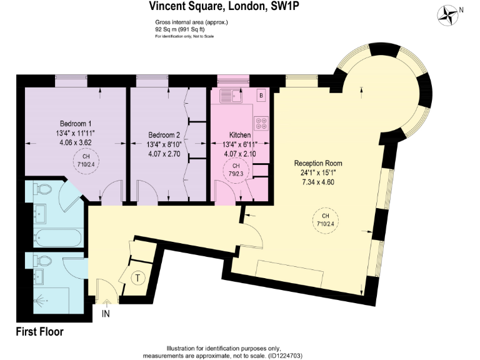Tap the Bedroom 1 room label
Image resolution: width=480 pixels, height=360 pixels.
(76, 123)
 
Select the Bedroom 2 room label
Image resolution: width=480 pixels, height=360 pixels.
(164, 135)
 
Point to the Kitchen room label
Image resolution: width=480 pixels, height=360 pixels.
(240, 135)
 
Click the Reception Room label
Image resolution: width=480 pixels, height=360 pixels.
(318, 163)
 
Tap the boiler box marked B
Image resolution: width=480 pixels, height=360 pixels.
(261, 95)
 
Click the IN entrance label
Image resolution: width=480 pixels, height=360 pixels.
(106, 314)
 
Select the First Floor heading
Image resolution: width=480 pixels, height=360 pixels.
(39, 332)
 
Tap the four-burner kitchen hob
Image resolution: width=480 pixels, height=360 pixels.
(261, 123)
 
